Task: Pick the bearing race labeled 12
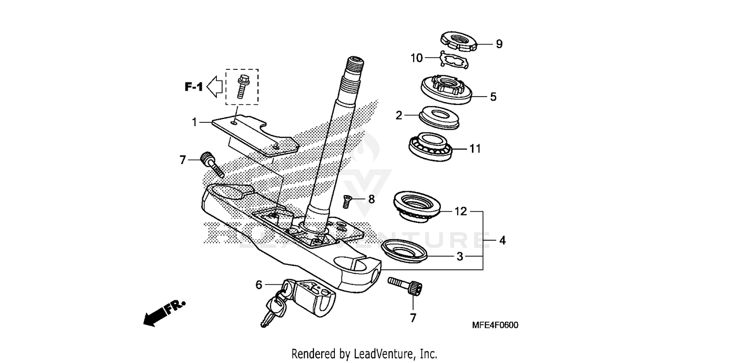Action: (x=418, y=206)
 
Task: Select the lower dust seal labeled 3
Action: (x=405, y=251)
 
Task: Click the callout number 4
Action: (x=502, y=240)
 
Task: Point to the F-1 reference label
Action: (x=193, y=87)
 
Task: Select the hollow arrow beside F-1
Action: (x=214, y=87)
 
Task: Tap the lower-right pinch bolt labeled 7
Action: (x=405, y=285)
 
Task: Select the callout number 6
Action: (x=259, y=285)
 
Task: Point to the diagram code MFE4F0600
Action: (x=495, y=325)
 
